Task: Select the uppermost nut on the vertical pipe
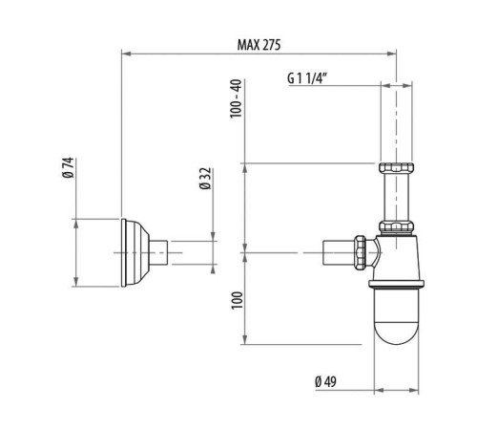coord(397,168)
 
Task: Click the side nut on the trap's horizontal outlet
coord(362,251)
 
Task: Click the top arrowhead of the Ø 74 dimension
coord(75,222)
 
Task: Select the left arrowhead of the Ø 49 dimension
coord(374,390)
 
